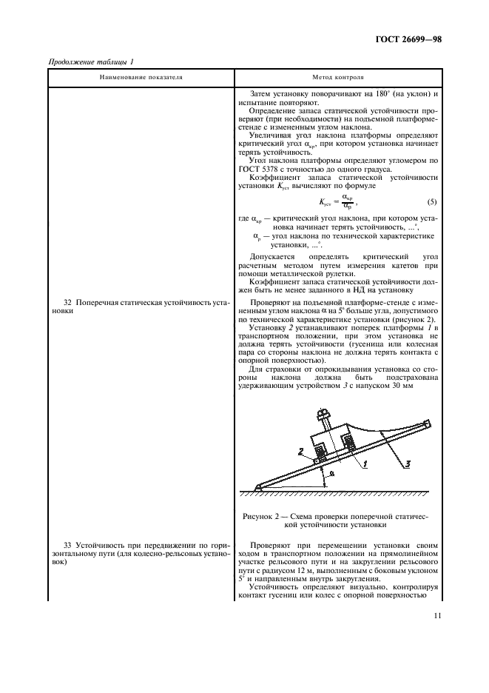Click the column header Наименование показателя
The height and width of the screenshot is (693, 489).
tap(142, 77)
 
